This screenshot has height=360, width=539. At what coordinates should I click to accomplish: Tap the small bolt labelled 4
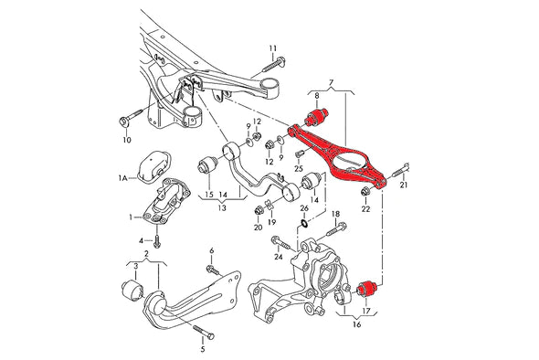[x=157, y=239]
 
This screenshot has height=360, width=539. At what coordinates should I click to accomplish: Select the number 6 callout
[x=211, y=250]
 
